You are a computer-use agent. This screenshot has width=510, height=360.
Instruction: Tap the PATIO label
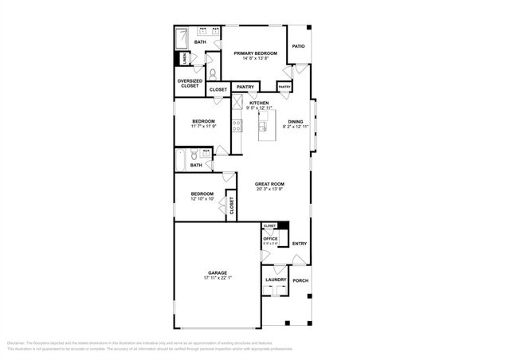tap(298, 46)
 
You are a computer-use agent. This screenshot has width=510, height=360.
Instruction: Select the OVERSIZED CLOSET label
tap(189, 83)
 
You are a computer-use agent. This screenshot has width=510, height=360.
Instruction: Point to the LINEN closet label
tap(184, 59)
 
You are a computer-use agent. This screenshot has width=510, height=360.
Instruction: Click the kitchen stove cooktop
tap(237, 123)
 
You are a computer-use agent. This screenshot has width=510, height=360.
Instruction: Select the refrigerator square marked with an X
tap(237, 101)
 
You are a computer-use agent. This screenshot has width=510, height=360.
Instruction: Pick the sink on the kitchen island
tap(272, 123)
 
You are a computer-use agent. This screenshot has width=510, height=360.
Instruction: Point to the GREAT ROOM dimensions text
tap(270, 189)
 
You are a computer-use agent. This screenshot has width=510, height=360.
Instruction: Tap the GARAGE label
tap(218, 272)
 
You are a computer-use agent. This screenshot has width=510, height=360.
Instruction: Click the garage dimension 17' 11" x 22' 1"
tap(218, 278)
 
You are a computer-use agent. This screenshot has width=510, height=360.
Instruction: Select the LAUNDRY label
tap(276, 280)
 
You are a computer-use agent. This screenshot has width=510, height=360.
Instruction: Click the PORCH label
tap(300, 280)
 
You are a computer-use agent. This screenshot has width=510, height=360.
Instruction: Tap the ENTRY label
tap(299, 244)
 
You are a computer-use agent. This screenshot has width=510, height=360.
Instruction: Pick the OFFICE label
tap(270, 237)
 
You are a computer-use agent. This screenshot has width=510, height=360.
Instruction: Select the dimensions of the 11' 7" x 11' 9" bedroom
tap(203, 127)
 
